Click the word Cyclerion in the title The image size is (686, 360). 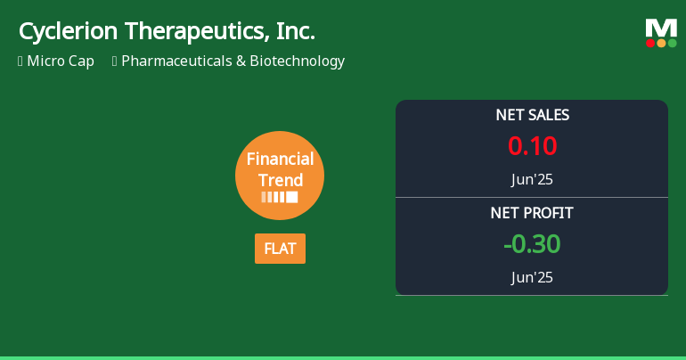click(x=69, y=32)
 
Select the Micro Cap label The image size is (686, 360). click(x=61, y=61)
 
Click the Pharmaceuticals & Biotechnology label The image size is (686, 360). click(x=233, y=61)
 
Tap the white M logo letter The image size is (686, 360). click(x=661, y=28)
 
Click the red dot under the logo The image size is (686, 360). click(x=650, y=43)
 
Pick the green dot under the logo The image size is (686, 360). click(x=672, y=43)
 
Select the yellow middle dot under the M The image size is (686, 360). click(x=661, y=43)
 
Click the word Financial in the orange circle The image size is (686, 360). click(x=280, y=160)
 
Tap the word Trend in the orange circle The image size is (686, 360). click(x=280, y=180)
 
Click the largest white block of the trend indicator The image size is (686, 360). click(x=292, y=197)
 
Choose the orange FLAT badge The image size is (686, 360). click(x=280, y=249)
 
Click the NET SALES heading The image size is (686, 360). click(x=532, y=115)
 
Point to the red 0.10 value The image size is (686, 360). click(x=532, y=145)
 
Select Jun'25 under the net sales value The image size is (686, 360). click(x=532, y=179)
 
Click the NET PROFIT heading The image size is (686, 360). click(x=532, y=213)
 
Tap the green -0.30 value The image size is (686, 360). click(x=532, y=244)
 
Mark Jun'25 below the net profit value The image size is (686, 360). click(x=532, y=277)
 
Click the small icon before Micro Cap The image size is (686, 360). click(x=20, y=61)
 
